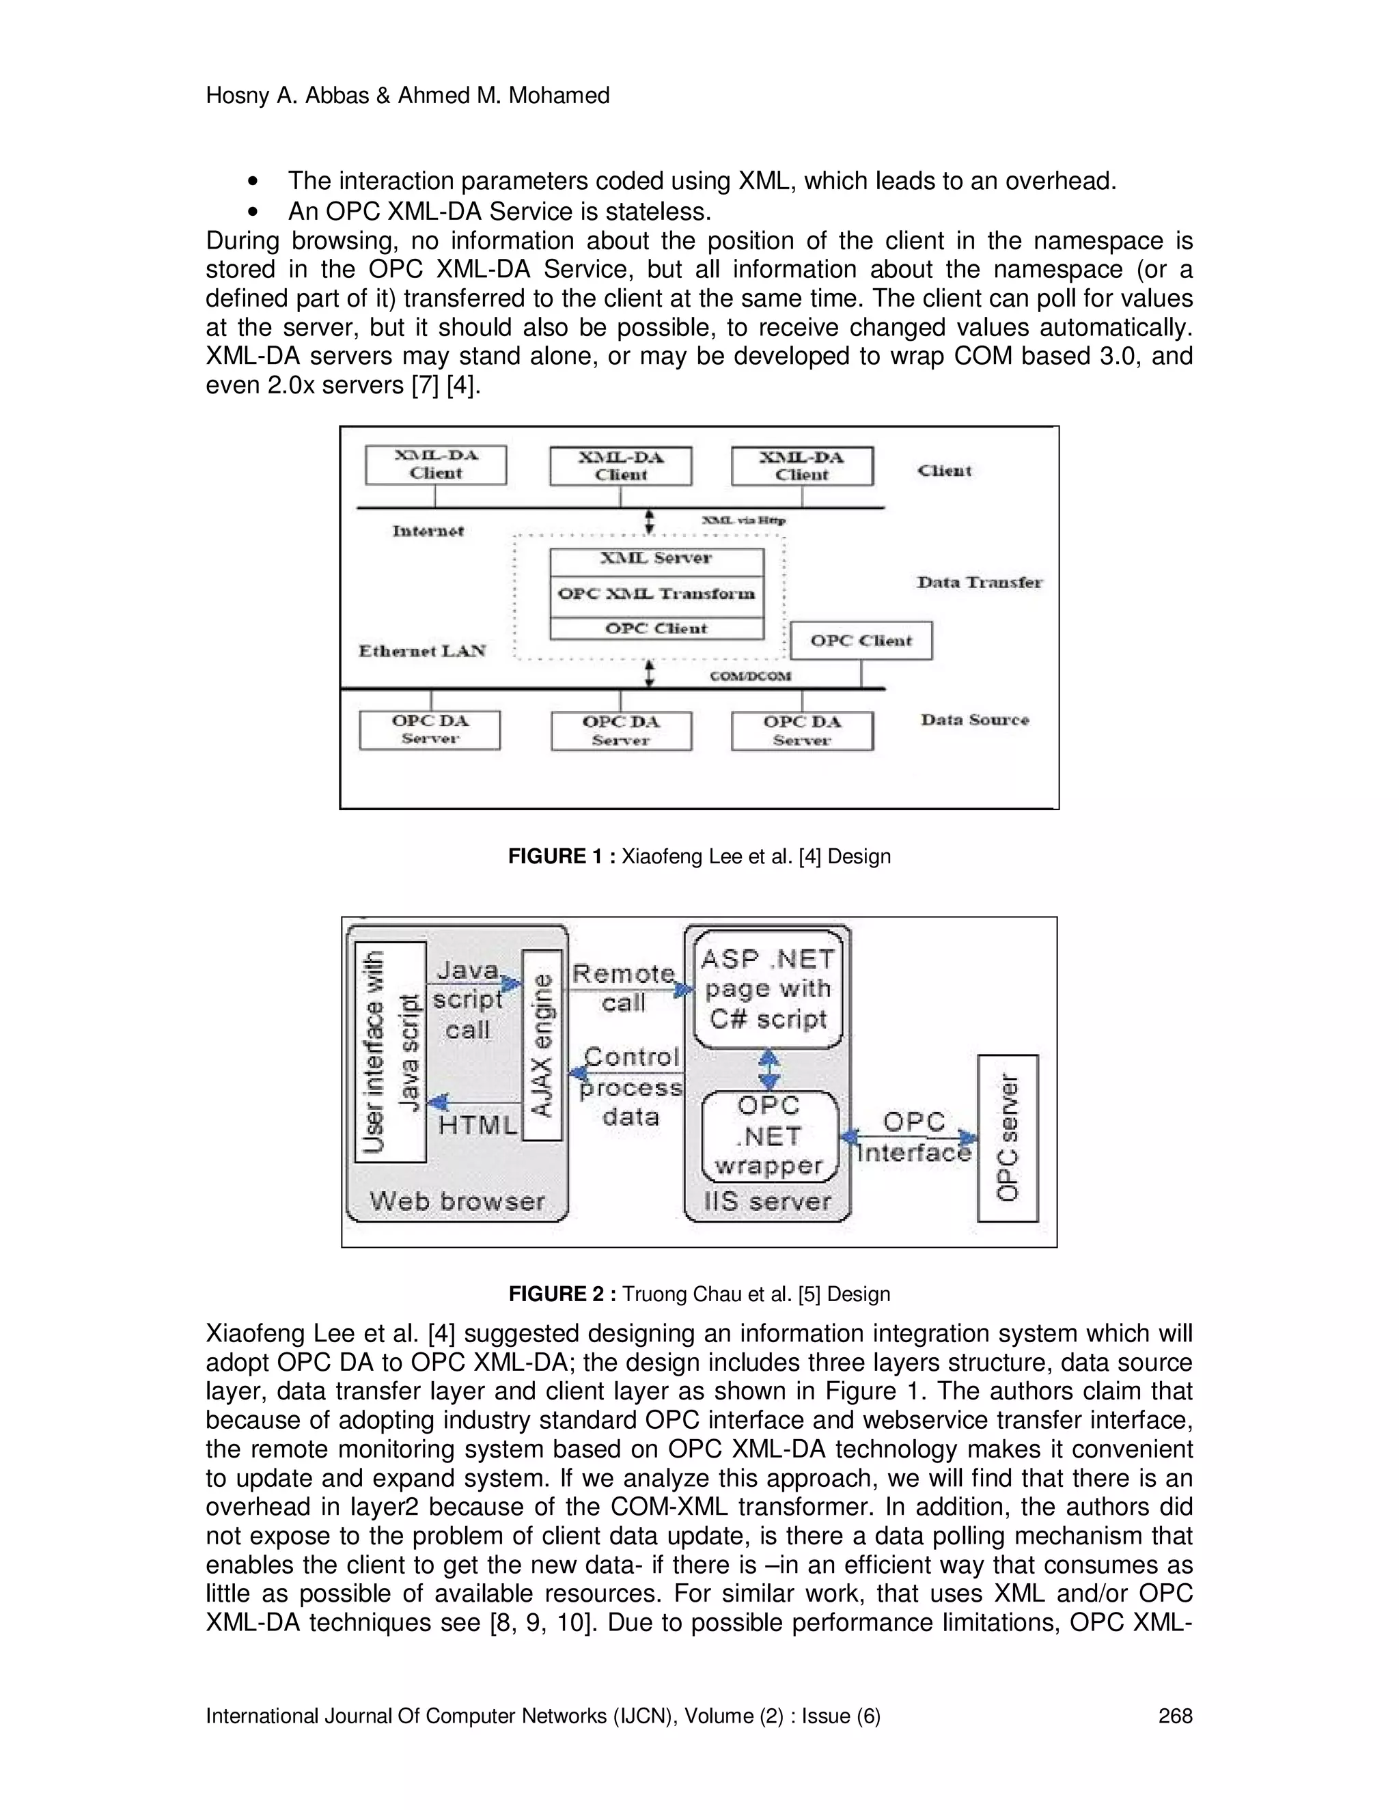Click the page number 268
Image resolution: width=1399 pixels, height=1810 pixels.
pos(1174,1716)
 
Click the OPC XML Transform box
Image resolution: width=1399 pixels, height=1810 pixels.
pos(656,594)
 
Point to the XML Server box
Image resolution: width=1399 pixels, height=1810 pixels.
pos(656,559)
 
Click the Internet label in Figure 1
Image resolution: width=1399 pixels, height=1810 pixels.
pos(428,531)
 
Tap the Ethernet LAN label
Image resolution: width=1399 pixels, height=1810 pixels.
pos(422,650)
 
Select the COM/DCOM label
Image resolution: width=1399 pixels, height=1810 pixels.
pos(750,676)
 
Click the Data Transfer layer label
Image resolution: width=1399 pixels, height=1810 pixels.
pos(979,583)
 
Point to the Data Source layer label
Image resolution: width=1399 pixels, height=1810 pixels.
pos(975,719)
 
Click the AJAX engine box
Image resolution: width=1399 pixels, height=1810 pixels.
pos(542,1046)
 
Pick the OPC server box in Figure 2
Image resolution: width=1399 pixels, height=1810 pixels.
pos(1007,1138)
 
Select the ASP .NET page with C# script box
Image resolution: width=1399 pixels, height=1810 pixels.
pos(767,990)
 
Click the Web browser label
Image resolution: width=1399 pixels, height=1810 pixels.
pos(457,1201)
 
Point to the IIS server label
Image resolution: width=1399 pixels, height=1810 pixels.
pos(766,1201)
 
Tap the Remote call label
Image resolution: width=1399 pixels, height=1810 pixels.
pos(623,988)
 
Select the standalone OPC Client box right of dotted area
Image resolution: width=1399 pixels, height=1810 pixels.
pos(861,641)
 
